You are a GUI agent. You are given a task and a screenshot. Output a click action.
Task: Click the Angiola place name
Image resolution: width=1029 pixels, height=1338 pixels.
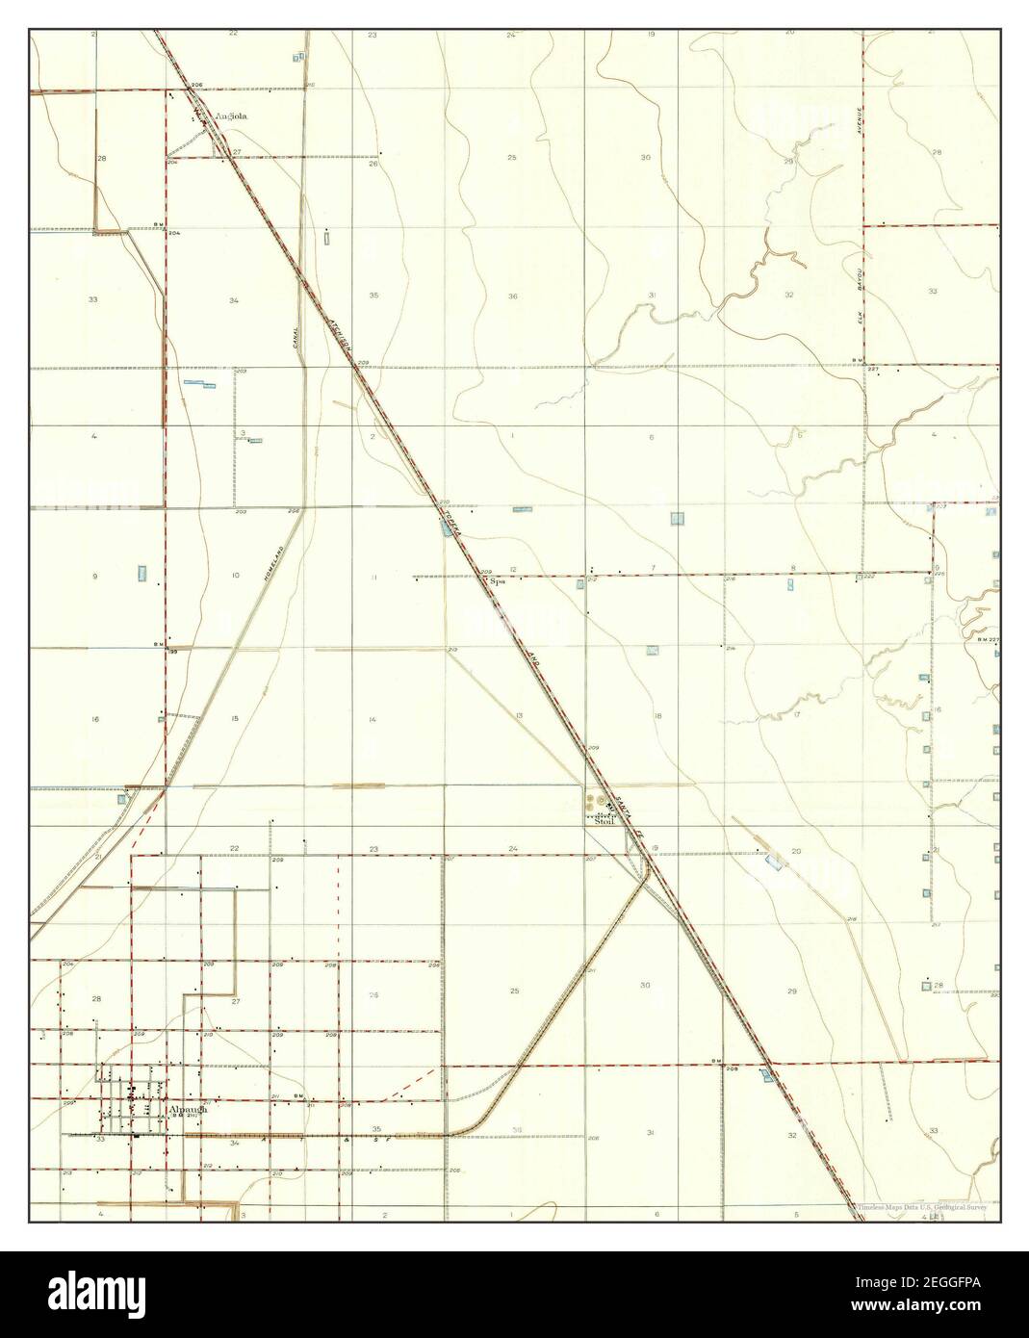click(232, 116)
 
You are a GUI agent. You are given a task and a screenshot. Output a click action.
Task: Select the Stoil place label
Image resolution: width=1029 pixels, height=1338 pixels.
click(605, 822)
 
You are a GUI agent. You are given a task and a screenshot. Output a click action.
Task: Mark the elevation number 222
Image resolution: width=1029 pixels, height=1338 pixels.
click(869, 576)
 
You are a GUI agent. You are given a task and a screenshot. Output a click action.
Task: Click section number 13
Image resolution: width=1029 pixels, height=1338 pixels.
click(519, 715)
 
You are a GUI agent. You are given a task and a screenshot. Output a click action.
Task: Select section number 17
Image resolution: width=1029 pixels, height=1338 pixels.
click(797, 715)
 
